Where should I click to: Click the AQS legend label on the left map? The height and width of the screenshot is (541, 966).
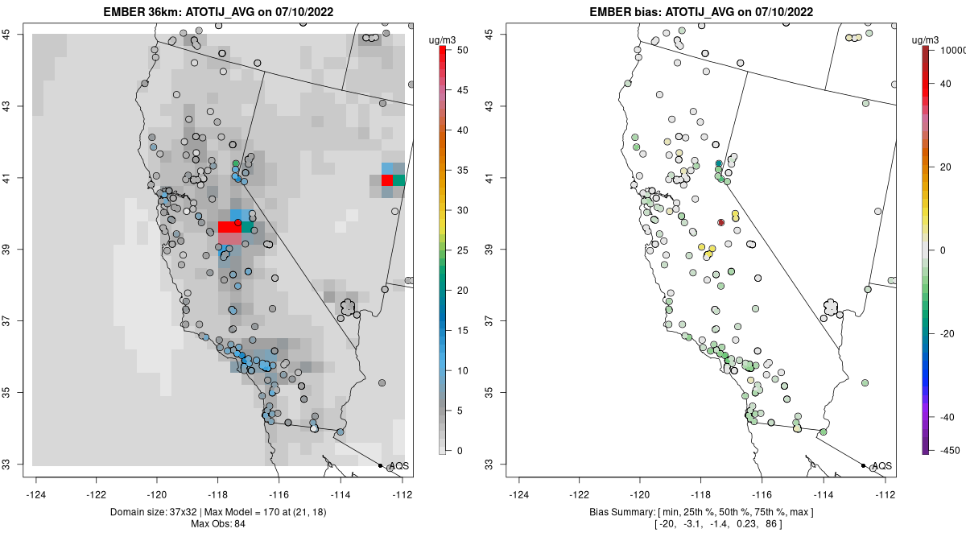(399, 466)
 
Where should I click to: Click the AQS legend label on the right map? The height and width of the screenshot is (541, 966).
(882, 466)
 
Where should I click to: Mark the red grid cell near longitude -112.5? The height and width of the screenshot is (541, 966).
(387, 180)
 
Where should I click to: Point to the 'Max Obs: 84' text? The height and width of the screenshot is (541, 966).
(221, 524)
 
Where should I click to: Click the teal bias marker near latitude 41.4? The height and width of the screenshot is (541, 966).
(719, 163)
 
